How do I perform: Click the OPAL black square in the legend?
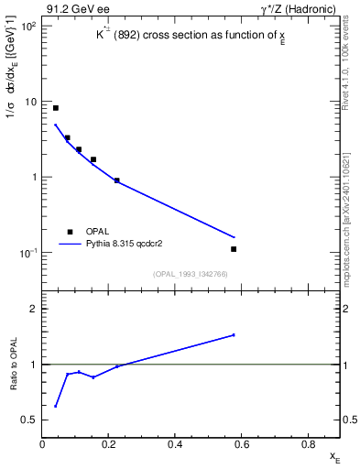point(70,232)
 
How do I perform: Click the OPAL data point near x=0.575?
point(234,249)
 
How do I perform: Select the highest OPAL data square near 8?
point(56,108)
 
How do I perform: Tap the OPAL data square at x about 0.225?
point(117,180)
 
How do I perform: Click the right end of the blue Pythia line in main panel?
point(234,237)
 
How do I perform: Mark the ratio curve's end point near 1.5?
point(234,335)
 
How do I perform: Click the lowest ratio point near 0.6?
point(56,406)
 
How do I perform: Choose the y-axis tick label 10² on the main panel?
point(27,27)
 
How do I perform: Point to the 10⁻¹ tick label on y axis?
point(27,253)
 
